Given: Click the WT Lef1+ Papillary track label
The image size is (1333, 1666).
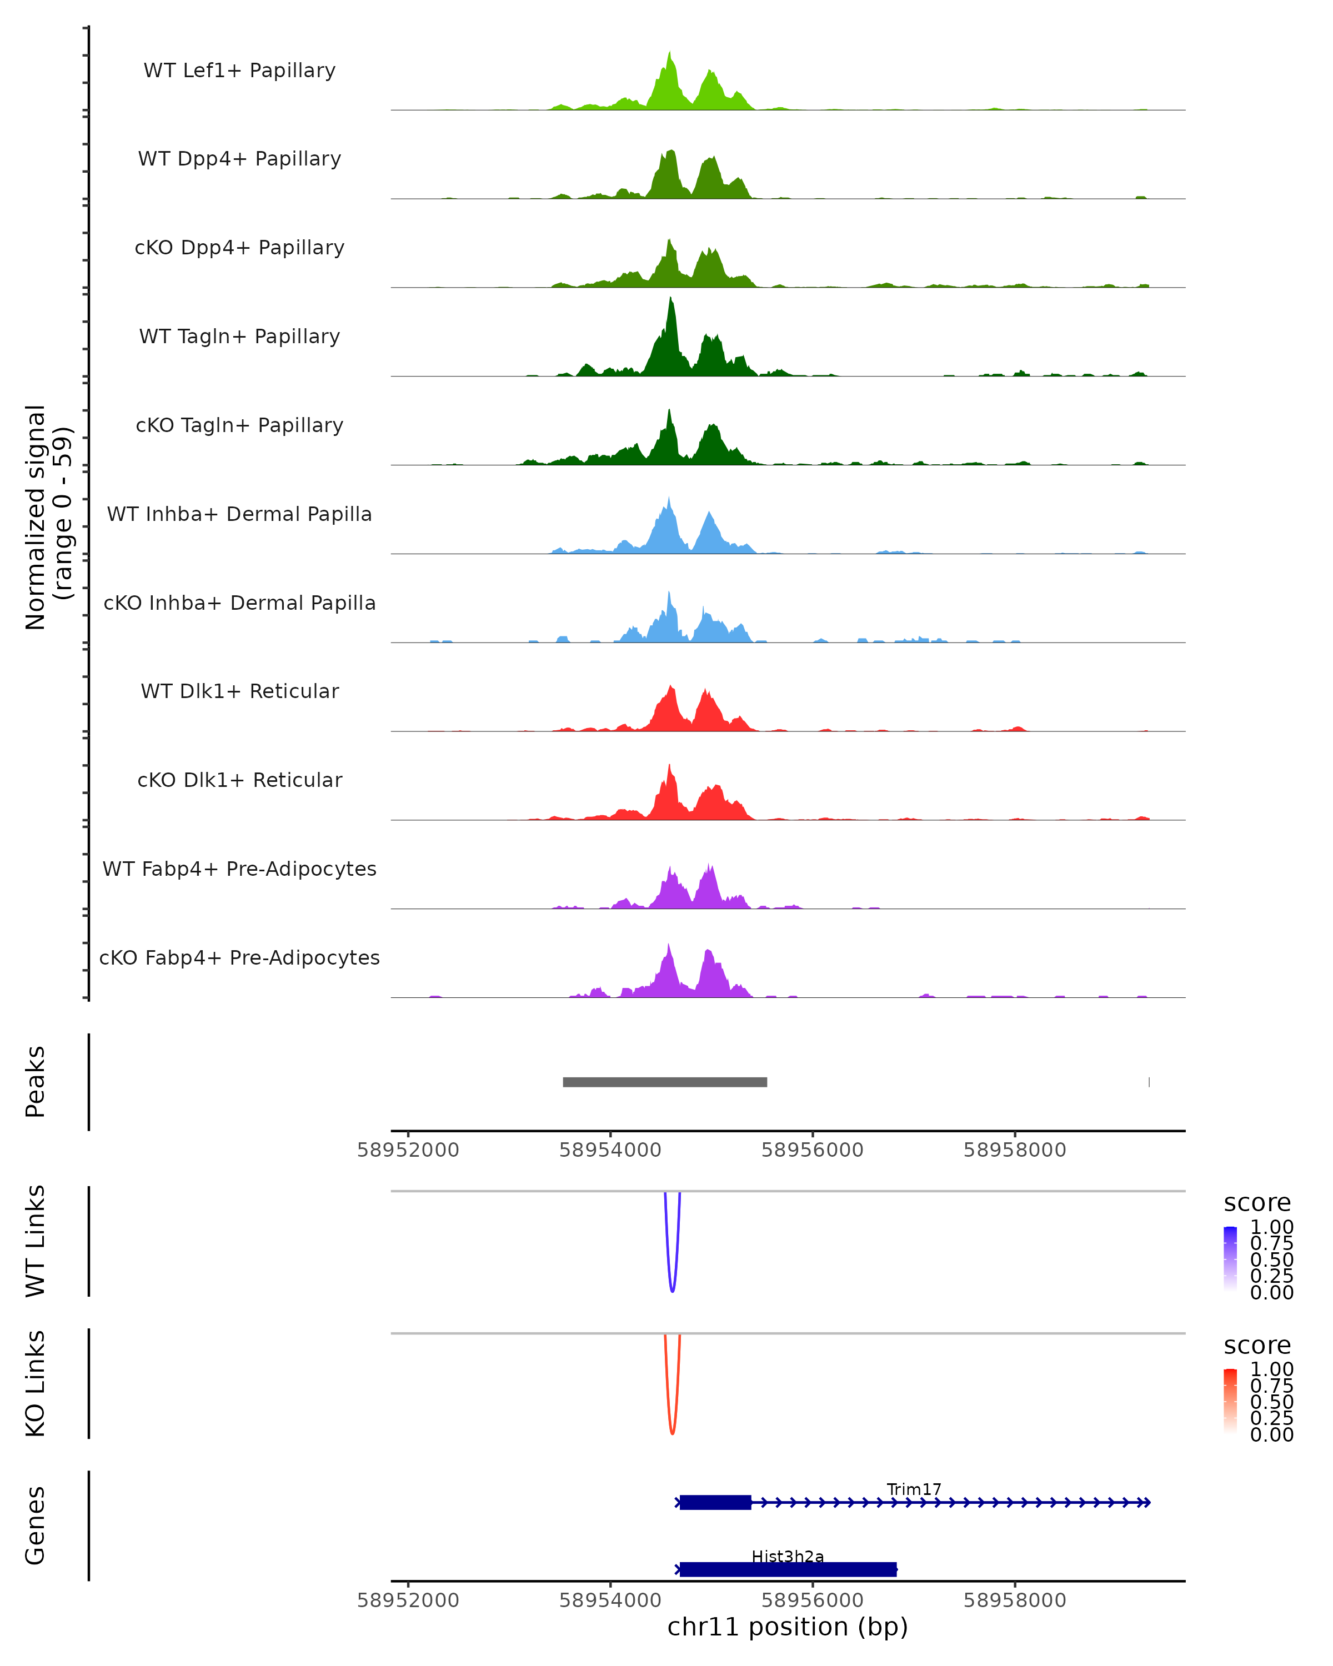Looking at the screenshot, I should (x=239, y=71).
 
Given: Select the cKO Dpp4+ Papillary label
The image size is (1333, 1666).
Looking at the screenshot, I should (x=239, y=247).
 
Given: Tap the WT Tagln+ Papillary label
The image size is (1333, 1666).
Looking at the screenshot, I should (x=239, y=336).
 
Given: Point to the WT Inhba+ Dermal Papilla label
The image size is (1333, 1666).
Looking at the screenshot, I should (x=239, y=514).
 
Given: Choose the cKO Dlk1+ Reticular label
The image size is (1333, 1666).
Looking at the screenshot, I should (x=239, y=780).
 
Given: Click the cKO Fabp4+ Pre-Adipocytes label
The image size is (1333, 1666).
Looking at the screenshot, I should (x=239, y=957).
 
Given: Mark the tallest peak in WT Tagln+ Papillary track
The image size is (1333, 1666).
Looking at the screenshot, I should (x=671, y=302).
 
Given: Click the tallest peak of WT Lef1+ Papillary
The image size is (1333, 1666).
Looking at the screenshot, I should (x=669, y=56).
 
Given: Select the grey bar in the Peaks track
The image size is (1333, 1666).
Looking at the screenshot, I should (x=665, y=1082).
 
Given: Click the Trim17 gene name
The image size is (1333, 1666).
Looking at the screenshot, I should (x=914, y=1489).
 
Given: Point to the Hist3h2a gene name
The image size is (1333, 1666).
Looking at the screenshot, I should (x=788, y=1556).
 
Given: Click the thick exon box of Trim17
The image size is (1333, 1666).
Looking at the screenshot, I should (x=715, y=1502).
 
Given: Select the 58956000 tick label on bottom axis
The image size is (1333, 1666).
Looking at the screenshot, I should (x=812, y=1599).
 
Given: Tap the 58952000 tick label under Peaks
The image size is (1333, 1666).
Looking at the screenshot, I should (x=408, y=1150).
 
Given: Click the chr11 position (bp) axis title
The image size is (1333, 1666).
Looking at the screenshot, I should (x=788, y=1627).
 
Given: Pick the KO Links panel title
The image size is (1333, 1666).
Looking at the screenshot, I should (x=36, y=1383).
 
